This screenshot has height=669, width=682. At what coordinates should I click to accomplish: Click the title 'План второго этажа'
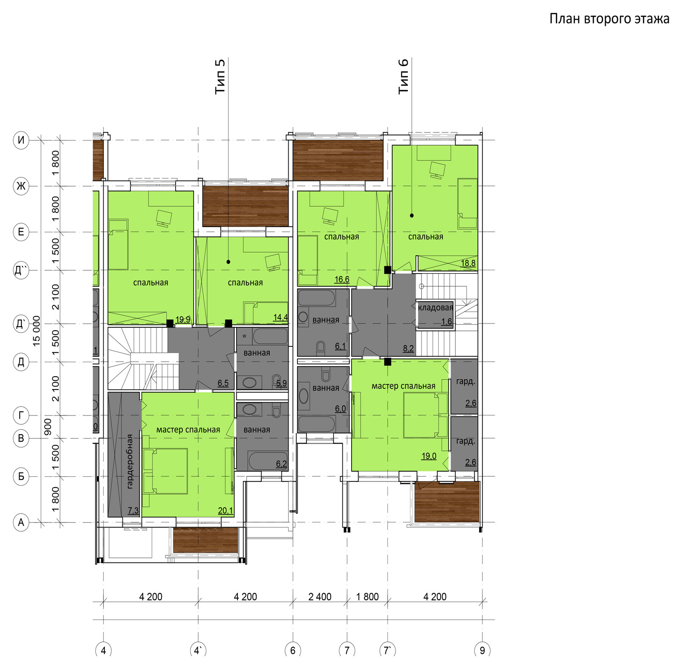[x=609, y=19]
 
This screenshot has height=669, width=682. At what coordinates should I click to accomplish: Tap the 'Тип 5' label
[x=220, y=77]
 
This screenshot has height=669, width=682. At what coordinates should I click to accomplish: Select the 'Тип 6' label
[x=403, y=76]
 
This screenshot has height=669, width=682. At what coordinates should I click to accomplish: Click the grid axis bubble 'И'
[x=21, y=140]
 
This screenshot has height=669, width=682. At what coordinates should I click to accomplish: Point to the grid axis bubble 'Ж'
[x=21, y=186]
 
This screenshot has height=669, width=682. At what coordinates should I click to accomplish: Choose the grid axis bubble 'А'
[x=21, y=522]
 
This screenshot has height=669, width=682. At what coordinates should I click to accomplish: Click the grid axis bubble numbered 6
[x=293, y=650]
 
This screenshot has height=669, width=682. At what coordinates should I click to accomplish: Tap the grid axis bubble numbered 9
[x=482, y=650]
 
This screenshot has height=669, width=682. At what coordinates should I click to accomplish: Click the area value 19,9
[x=183, y=320]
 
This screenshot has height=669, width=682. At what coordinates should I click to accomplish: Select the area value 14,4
[x=280, y=317]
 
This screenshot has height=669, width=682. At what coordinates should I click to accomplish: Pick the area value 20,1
[x=225, y=510]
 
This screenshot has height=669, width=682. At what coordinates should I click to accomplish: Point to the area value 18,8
[x=468, y=263]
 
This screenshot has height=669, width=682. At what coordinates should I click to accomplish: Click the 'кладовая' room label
[x=436, y=308]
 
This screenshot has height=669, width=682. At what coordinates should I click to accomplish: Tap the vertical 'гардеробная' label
[x=130, y=461]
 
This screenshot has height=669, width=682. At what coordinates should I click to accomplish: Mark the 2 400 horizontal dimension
[x=320, y=597]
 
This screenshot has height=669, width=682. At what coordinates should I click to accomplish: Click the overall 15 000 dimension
[x=37, y=331]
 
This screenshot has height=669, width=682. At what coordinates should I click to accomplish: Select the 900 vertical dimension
[x=48, y=427]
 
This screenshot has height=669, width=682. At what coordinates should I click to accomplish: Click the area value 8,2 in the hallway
[x=408, y=349]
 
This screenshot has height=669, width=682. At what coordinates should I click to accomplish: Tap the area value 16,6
[x=342, y=280]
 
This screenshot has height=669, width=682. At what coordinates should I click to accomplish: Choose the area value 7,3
[x=133, y=510]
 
